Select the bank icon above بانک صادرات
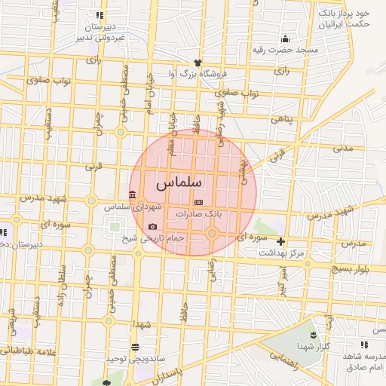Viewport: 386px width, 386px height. pyautogui.click(x=198, y=203)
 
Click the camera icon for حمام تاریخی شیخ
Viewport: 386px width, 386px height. pyautogui.click(x=153, y=226)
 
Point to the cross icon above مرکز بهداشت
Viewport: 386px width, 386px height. pyautogui.click(x=281, y=242)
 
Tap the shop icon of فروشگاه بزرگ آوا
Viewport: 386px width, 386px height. pyautogui.click(x=198, y=63)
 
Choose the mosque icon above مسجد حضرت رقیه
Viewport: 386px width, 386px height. pyautogui.click(x=285, y=39)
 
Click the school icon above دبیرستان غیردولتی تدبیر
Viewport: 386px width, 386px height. pyautogui.click(x=100, y=15)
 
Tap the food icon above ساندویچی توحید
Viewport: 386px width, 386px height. pyautogui.click(x=135, y=347)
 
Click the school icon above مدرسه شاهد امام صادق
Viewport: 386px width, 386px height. pyautogui.click(x=363, y=345)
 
